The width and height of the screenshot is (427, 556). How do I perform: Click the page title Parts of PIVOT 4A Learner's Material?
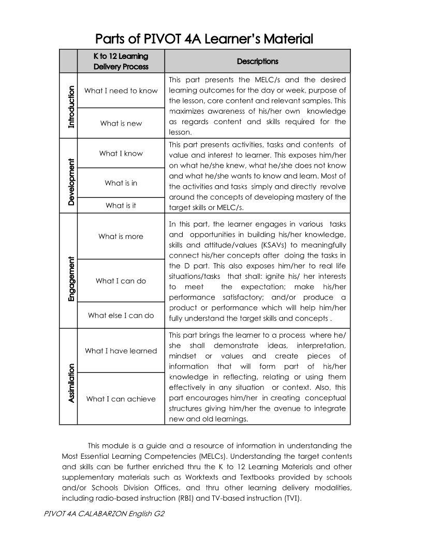click(204, 39)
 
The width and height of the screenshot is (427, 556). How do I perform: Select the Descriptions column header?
click(257, 62)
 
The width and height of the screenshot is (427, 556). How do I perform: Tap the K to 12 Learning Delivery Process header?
click(121, 61)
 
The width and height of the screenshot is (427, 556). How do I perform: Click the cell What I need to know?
click(121, 91)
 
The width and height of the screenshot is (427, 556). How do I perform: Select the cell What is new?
click(121, 124)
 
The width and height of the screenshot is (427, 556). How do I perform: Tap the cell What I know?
click(121, 154)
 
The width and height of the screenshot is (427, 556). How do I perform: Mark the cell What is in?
click(121, 183)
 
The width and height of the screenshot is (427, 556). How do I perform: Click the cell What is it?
click(121, 206)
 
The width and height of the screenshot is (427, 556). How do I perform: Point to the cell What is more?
click(121, 237)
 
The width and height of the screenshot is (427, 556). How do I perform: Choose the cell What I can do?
click(121, 281)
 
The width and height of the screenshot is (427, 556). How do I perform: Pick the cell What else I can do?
click(121, 315)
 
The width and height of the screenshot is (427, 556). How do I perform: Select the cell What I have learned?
click(121, 351)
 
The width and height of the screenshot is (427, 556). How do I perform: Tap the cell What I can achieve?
click(121, 399)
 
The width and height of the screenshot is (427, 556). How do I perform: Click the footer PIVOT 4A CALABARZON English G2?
click(100, 515)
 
